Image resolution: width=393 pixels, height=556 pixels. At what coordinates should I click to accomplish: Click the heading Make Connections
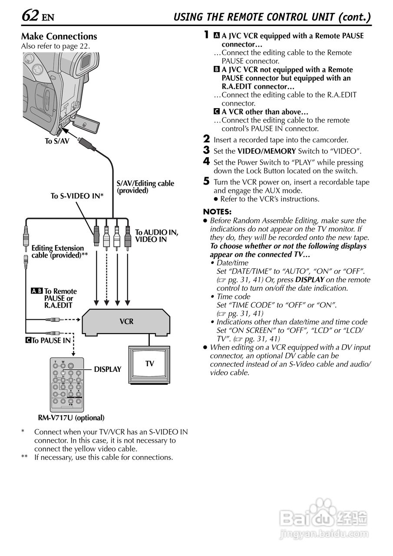pos(59,36)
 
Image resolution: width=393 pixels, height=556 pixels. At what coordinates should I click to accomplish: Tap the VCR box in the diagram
pos(126,322)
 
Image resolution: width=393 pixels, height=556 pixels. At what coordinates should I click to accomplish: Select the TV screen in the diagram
pos(149,363)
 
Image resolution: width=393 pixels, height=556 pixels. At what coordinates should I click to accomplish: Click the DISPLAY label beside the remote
pos(108,369)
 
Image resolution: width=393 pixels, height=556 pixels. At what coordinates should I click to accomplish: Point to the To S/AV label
pos(57,141)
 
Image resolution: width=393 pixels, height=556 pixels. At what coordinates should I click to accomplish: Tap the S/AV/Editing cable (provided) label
pos(145,187)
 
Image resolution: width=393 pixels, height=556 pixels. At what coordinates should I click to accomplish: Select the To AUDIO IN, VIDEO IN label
pos(156,236)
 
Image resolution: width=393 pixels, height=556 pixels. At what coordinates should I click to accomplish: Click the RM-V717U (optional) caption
pos(71,418)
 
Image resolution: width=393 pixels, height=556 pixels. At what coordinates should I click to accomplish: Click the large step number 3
pos(207,150)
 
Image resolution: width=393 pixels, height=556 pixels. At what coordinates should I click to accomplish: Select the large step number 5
pos(207,182)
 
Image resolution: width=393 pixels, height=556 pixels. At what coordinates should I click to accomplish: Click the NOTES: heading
pos(217,212)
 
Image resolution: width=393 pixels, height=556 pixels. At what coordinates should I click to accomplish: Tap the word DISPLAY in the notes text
pos(310,280)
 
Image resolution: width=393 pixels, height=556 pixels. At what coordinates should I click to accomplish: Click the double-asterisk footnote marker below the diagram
pos(25,457)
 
